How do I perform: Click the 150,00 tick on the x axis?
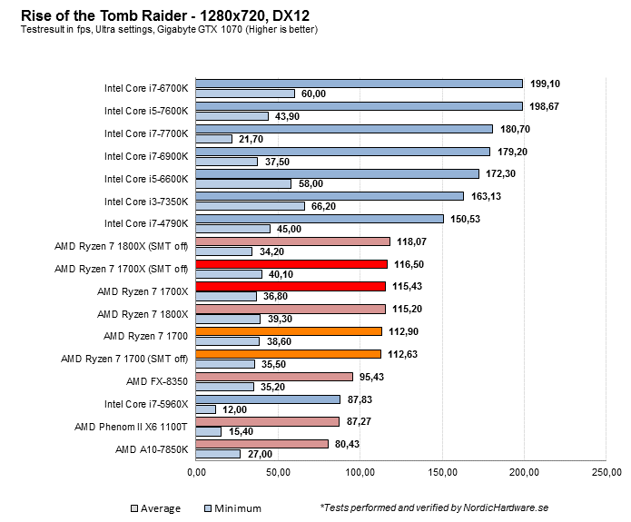[x=442, y=473]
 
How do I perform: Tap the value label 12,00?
[x=235, y=409]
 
